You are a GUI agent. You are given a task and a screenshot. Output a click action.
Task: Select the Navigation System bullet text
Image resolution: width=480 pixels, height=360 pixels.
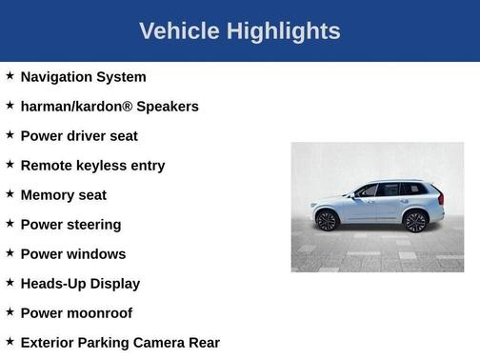click(x=83, y=77)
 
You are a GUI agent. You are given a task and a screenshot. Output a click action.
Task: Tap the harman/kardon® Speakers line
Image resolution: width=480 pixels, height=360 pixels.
click(x=110, y=107)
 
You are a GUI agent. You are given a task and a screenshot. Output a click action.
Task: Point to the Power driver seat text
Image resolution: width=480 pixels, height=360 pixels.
click(x=79, y=136)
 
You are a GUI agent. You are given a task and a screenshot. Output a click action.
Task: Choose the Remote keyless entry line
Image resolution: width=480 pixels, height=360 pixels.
click(x=92, y=166)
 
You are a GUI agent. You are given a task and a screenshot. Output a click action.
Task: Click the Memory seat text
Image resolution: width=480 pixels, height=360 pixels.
click(x=63, y=195)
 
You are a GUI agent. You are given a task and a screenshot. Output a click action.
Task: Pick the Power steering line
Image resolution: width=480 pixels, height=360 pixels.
click(x=70, y=225)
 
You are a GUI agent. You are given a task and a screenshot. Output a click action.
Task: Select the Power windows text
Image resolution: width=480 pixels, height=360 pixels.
click(x=72, y=254)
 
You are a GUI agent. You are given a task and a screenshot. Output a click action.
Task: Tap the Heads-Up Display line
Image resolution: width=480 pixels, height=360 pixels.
click(x=80, y=284)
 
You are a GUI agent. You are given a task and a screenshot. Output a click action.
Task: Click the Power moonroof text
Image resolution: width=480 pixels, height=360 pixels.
click(x=76, y=313)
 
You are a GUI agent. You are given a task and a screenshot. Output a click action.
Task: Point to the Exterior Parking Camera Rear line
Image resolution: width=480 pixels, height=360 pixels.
click(x=120, y=343)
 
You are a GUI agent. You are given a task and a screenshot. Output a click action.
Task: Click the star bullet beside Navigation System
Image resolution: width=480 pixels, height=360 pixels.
click(x=10, y=75)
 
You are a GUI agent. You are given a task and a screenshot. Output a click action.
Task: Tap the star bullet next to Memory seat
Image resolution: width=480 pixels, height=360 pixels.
click(x=10, y=193)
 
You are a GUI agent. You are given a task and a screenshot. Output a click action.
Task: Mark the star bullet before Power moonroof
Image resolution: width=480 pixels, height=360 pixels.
click(x=10, y=311)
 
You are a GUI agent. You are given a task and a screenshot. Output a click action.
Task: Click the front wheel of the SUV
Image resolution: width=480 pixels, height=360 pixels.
click(x=327, y=221)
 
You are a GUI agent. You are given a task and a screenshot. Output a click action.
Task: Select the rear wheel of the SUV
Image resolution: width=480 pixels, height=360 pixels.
click(x=414, y=222)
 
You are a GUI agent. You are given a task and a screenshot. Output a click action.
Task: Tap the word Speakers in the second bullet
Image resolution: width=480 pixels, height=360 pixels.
click(x=168, y=107)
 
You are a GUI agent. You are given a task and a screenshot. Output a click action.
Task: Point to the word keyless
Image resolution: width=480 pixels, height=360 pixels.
click(x=103, y=166)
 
